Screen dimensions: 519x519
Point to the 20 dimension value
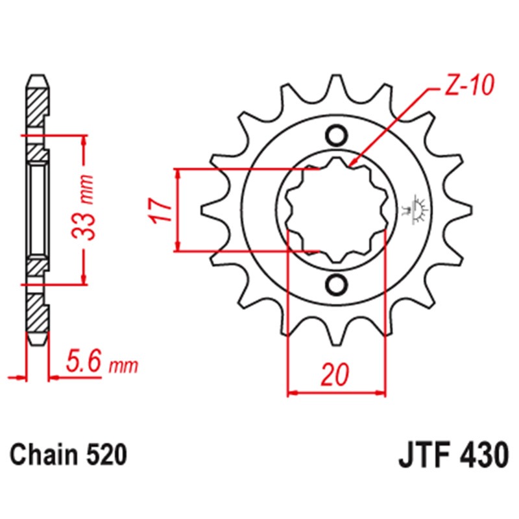click(335, 374)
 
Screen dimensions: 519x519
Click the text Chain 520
click(68, 455)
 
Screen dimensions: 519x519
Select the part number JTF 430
click(453, 455)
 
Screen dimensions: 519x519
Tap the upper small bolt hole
click(336, 135)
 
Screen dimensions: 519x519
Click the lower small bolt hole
click(336, 284)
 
